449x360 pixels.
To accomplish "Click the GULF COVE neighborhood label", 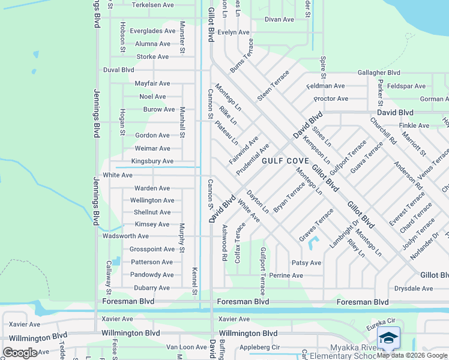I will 285,161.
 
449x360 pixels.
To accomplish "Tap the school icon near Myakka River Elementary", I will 388,338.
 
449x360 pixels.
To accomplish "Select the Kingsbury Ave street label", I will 152,161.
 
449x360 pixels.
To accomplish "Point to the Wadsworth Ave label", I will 126,236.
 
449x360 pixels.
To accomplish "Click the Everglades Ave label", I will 152,31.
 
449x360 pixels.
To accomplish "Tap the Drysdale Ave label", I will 413,289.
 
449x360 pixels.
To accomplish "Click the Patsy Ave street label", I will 306,263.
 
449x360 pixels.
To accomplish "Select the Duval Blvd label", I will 118,70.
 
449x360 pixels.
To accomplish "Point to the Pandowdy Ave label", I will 152,275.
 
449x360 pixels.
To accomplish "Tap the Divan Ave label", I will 279,19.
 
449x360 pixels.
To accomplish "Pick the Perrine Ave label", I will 286,275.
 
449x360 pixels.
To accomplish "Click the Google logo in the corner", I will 20,353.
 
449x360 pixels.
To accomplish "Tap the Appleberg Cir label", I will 259,347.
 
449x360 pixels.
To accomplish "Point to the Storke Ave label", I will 152,57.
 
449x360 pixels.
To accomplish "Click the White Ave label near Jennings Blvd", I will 118,175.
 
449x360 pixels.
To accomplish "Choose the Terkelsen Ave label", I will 152,5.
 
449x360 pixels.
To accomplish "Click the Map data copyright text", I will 412,355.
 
